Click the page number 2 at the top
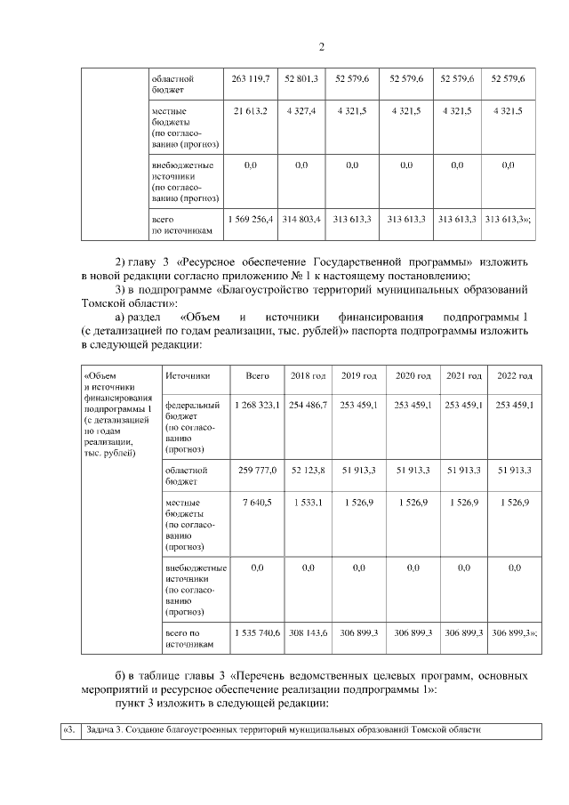[322, 47]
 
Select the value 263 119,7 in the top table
[250, 79]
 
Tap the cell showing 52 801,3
[301, 79]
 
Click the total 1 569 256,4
[250, 218]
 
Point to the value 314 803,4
[301, 218]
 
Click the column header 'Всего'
[257, 375]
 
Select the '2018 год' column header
[309, 375]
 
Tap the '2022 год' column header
[516, 375]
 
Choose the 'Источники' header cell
[187, 375]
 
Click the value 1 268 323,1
[257, 405]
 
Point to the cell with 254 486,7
[309, 405]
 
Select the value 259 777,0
[257, 469]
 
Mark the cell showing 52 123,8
[309, 469]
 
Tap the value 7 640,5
[257, 503]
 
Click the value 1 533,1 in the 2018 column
[309, 503]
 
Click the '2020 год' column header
[413, 375]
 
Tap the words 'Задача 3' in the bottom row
[103, 730]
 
